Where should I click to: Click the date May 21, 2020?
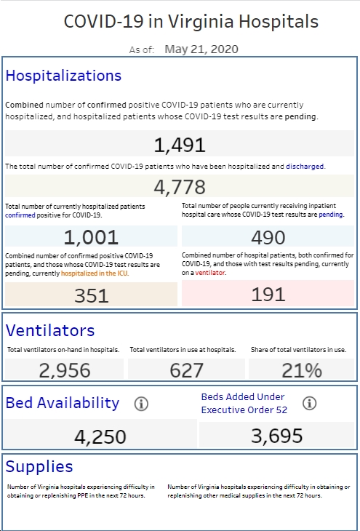coord(201,49)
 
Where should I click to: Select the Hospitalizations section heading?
coord(63,76)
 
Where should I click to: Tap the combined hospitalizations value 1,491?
coord(180,145)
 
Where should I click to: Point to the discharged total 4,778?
coord(180,187)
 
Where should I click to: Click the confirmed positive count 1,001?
coord(91,237)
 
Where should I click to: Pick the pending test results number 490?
coord(268,237)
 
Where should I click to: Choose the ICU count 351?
coord(92,295)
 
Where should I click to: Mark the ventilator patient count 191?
coord(268,295)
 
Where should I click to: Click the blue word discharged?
coord(305,167)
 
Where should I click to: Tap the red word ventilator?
coord(209,273)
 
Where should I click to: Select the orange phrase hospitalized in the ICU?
coord(95,274)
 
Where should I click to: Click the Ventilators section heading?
coord(50,330)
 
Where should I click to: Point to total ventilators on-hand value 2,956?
coord(65,370)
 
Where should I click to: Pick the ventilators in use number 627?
coord(187,370)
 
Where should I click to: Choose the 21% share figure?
coord(302,370)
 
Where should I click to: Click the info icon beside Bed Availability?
coord(141,404)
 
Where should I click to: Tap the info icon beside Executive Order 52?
coord(310,403)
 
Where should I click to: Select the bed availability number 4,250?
coord(100,437)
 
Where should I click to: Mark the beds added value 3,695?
coord(276,436)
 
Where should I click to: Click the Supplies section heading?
coord(39,466)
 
